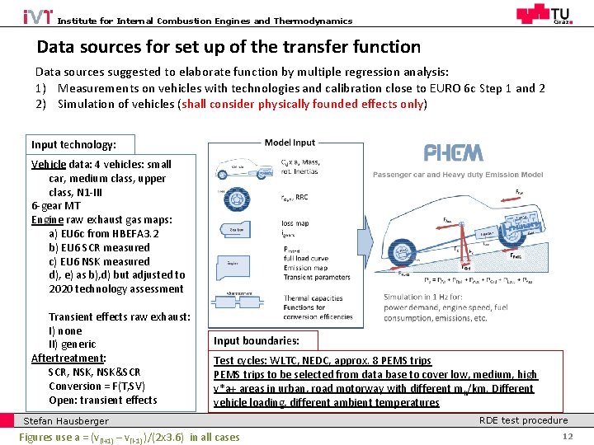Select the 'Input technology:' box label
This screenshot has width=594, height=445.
(x=73, y=143)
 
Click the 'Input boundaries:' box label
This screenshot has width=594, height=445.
(x=257, y=340)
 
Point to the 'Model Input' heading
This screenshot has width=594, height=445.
(x=290, y=143)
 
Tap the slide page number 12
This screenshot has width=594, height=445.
(x=567, y=437)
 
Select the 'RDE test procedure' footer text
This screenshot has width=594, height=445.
(x=523, y=420)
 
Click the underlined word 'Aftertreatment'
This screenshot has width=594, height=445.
(x=68, y=358)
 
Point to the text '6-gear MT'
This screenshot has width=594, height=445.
(x=56, y=206)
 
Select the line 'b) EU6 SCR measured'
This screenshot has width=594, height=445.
(x=99, y=247)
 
